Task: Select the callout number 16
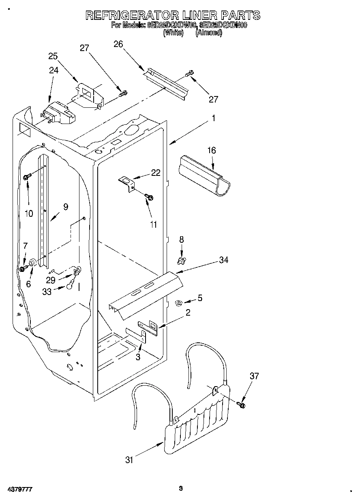click(x=212, y=150)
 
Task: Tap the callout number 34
click(x=223, y=260)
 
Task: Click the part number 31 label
click(x=129, y=459)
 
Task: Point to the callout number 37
click(x=254, y=376)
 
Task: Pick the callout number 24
click(x=54, y=70)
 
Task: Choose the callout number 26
click(x=118, y=44)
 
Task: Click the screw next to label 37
click(x=242, y=404)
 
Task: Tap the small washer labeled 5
click(x=178, y=302)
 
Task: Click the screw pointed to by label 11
click(x=149, y=197)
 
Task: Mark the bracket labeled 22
click(x=127, y=182)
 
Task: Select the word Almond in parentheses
click(x=209, y=33)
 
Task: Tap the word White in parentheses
click(x=174, y=33)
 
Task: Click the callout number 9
click(x=65, y=207)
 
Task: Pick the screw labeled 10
click(x=28, y=177)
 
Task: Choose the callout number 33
click(x=47, y=291)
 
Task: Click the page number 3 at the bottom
click(x=181, y=488)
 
